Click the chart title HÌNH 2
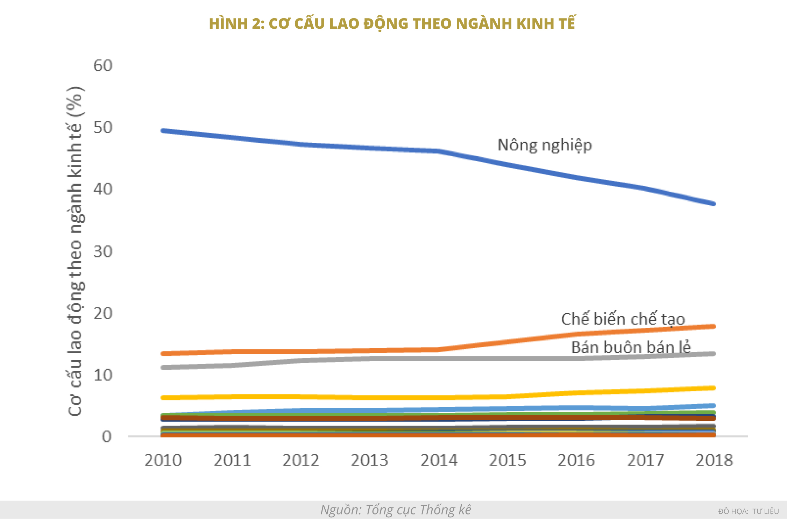tap(392, 24)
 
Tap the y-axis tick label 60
tap(102, 66)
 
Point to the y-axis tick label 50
tap(102, 128)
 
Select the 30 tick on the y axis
tap(102, 251)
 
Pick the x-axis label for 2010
tap(163, 460)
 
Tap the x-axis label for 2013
tap(369, 460)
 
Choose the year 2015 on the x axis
tap(507, 460)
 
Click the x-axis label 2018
tap(714, 460)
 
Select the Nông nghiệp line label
tap(545, 145)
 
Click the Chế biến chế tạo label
tap(623, 319)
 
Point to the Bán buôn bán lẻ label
tap(631, 347)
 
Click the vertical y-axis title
tap(75, 251)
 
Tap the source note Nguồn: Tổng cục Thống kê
tap(396, 510)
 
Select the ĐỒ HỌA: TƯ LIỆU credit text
tap(749, 511)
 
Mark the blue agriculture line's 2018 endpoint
tap(713, 204)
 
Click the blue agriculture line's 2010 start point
tap(163, 131)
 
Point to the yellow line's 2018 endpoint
tap(713, 388)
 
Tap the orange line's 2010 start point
tap(163, 354)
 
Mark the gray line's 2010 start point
tap(163, 367)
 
